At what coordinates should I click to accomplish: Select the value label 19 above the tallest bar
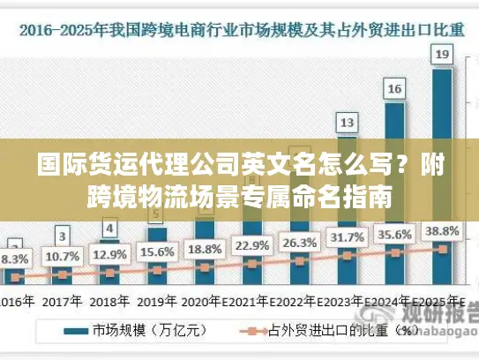coord(442,55)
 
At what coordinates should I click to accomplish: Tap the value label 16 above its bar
coord(395,88)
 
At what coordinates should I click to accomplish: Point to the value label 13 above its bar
coord(348,122)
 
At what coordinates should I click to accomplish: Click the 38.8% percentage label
coord(442,231)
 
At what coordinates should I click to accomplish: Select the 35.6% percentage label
coord(395,236)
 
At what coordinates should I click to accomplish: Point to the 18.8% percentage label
coord(205,248)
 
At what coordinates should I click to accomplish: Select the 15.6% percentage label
coord(157,251)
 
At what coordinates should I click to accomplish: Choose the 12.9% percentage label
coord(109,254)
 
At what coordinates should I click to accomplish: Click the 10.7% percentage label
coord(62,257)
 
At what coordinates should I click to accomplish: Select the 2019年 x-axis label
coord(157,301)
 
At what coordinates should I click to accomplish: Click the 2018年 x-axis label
coord(109,301)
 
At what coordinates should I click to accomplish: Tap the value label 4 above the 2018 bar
coord(109,229)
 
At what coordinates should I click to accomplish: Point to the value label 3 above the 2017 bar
coord(62,236)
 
